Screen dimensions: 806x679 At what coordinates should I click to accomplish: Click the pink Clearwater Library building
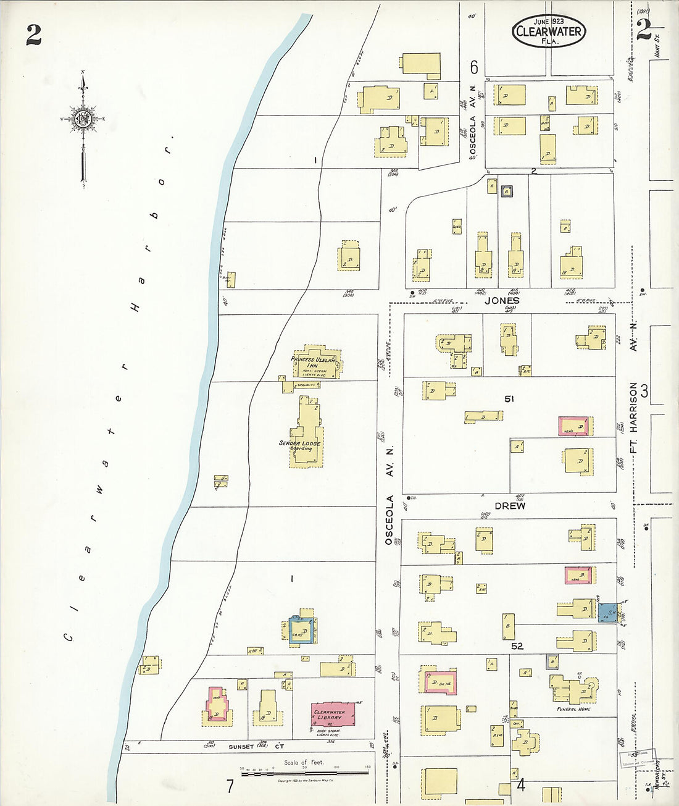tap(333, 714)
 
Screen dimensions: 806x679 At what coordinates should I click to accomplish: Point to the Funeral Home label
tap(573, 709)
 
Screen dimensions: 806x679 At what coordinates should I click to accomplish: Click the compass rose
tap(82, 120)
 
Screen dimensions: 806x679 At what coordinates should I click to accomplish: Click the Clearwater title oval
tap(548, 31)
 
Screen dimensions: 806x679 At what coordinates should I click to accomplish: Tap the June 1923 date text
tap(548, 22)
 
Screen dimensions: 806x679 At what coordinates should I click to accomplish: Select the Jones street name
tap(501, 301)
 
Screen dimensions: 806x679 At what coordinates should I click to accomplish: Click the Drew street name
tap(510, 506)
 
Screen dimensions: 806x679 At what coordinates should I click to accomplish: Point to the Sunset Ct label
tap(241, 747)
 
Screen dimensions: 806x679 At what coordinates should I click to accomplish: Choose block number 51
tap(509, 399)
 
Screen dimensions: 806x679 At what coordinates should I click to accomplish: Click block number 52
tap(517, 646)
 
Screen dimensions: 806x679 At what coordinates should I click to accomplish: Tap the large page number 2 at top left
tap(33, 35)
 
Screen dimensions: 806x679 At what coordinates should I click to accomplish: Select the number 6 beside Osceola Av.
tap(474, 67)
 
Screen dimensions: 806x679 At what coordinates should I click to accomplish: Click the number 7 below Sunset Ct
tap(230, 786)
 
